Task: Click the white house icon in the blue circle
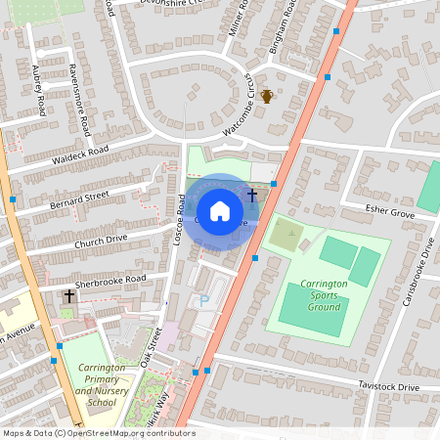click(x=219, y=210)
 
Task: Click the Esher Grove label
click(x=389, y=210)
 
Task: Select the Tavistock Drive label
click(x=387, y=387)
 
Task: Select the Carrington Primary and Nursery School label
click(x=102, y=385)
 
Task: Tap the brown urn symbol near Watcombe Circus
click(x=266, y=95)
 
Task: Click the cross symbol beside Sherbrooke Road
click(x=69, y=295)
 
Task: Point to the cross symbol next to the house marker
click(x=252, y=196)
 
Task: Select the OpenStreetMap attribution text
click(x=98, y=433)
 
